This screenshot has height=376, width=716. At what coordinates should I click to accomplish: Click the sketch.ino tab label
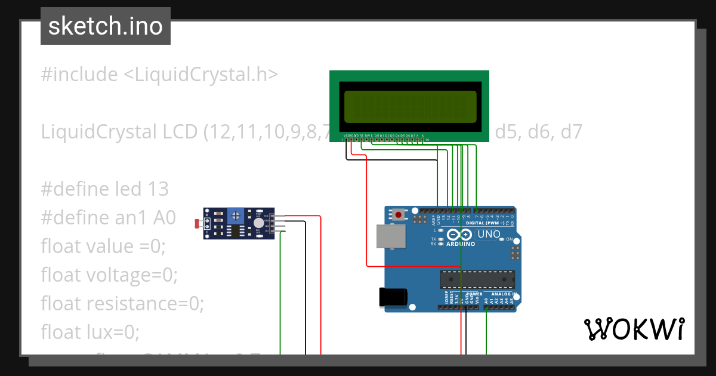pos(105,26)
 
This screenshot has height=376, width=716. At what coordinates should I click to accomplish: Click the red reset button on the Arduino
pos(397,214)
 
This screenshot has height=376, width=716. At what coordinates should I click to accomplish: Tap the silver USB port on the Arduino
pos(391,236)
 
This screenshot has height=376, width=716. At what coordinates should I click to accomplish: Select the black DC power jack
pos(394,297)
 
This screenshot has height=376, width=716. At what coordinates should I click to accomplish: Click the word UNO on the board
pos(489,235)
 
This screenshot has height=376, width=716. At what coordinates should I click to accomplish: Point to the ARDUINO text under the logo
pos(460,244)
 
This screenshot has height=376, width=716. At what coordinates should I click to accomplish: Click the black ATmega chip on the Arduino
pos(477,279)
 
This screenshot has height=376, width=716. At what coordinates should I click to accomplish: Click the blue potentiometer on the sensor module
pos(236,214)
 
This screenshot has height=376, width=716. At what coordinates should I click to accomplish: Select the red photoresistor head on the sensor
pos(197,224)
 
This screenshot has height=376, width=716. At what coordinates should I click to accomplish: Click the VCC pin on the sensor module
pos(273,216)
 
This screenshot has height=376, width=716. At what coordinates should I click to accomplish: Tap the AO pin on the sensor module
pos(273,230)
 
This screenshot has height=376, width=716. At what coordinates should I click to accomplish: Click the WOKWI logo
pos(634,329)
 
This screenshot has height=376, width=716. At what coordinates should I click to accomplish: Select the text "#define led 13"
pos(105,189)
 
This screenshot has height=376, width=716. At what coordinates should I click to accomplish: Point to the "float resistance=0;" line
pos(122,303)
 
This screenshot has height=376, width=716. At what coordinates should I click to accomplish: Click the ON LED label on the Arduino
pos(510,239)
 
